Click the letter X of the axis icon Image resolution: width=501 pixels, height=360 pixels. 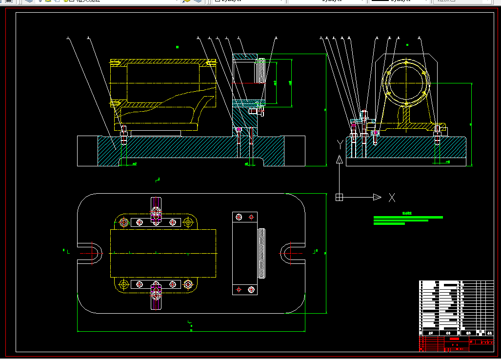pyautogui.click(x=391, y=198)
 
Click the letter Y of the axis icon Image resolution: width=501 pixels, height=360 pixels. pyautogui.click(x=340, y=144)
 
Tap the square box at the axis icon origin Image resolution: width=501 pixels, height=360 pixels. pyautogui.click(x=340, y=197)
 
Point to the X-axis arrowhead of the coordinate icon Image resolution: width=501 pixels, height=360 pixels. pyautogui.click(x=377, y=197)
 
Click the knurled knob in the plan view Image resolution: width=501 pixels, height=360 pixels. pyautogui.click(x=262, y=254)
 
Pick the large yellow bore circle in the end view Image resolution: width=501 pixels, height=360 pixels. pyautogui.click(x=407, y=81)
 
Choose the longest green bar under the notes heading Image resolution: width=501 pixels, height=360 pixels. pyautogui.click(x=408, y=217)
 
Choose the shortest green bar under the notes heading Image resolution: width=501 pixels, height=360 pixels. pyautogui.click(x=389, y=224)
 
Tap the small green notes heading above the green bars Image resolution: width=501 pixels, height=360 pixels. pyautogui.click(x=407, y=213)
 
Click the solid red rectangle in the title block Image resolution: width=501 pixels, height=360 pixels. pyautogui.click(x=454, y=339)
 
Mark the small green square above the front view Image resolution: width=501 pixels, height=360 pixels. pyautogui.click(x=177, y=47)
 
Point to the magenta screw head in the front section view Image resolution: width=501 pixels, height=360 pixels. pyautogui.click(x=239, y=129)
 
